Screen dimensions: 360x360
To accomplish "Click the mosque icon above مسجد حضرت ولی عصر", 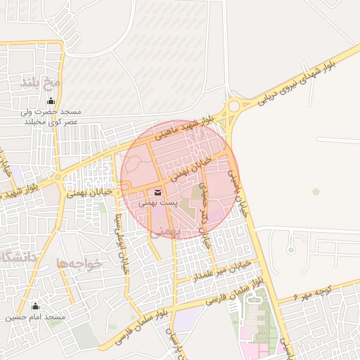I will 49,101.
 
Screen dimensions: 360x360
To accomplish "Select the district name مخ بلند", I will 42,84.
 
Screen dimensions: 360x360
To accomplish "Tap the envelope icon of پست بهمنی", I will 156,191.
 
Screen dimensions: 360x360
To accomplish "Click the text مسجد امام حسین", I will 35,318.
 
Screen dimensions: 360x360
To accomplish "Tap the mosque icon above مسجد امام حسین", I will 35,306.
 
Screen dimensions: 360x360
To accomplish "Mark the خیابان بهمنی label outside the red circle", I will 89,193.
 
